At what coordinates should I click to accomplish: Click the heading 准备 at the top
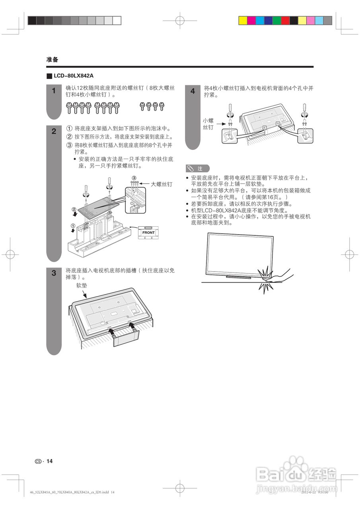coord(52,60)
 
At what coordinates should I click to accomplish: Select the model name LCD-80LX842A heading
coord(70,76)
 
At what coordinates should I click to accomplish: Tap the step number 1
coord(54,91)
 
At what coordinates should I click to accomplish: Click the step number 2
coord(54,132)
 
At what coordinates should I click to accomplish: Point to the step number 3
coord(54,273)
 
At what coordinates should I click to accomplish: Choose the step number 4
coord(193,91)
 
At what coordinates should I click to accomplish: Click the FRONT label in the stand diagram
coord(148,232)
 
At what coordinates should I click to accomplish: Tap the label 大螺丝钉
coord(162,185)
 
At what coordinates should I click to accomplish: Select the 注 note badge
coord(197,169)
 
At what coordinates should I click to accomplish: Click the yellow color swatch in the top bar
coord(243,21)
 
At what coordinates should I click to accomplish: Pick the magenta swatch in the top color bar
coord(251,21)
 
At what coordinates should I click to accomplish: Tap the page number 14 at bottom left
coord(49,461)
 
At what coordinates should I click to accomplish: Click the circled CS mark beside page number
coord(38,461)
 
